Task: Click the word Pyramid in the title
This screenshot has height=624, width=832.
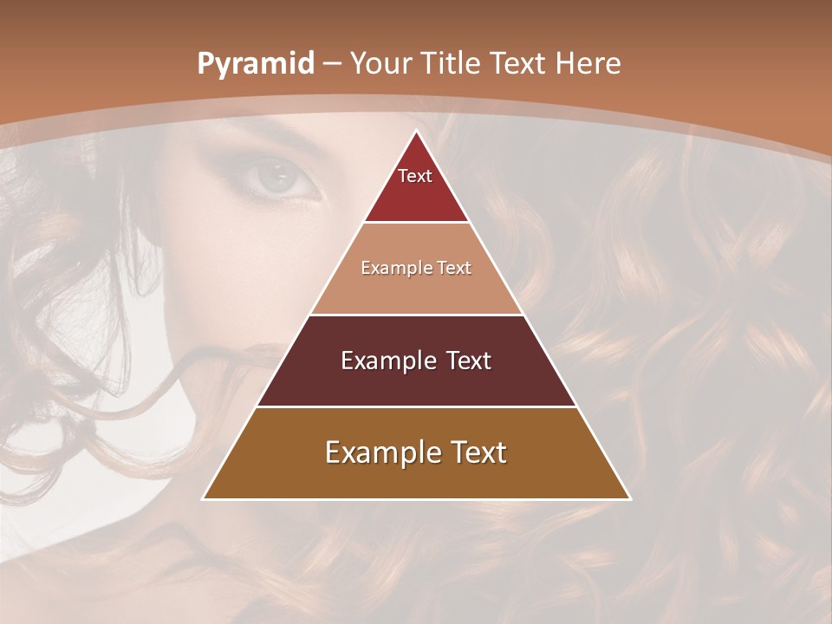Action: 255,64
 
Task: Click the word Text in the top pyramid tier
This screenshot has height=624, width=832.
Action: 415,176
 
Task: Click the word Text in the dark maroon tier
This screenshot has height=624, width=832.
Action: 469,361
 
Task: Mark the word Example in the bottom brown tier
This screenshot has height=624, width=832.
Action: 379,452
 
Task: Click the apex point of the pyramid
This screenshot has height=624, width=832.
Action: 416,131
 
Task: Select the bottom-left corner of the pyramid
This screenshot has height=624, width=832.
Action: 204,498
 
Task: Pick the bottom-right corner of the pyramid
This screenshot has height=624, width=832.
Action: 629,498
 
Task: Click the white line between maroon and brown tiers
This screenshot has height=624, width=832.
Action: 416,406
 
